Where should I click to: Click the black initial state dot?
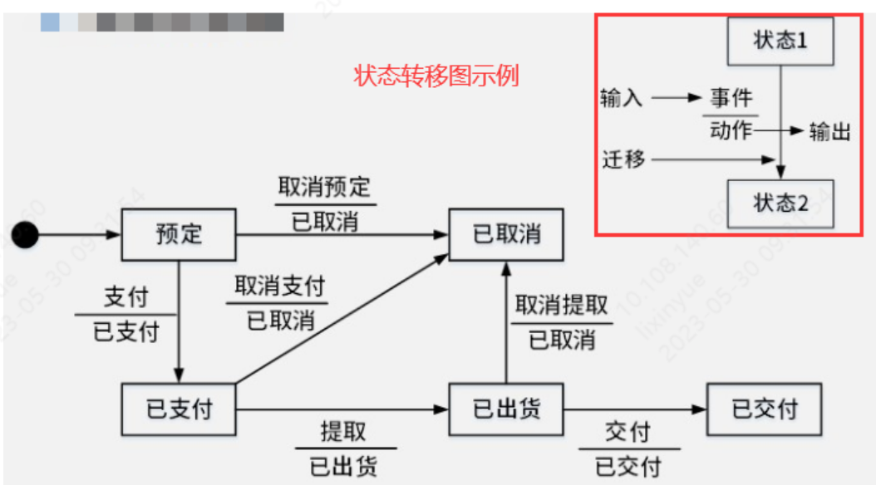pos(25,235)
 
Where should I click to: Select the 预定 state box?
pos(179,234)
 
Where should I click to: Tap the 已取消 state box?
pos(506,234)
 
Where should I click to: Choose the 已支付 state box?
pos(179,409)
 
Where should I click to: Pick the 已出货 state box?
pos(506,409)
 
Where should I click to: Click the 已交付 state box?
pos(764,409)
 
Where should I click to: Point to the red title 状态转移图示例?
pos(436,76)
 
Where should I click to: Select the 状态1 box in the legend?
pos(780,41)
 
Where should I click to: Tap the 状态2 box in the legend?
pos(780,203)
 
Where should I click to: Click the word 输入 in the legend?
pos(622,98)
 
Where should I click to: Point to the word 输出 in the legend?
pos(829,131)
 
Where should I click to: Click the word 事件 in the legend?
pos(731,98)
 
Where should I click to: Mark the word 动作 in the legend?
pos(731,130)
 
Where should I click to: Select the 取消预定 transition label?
pos(324,187)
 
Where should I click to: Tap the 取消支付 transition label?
pos(278,287)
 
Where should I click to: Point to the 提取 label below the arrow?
pos(343,431)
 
